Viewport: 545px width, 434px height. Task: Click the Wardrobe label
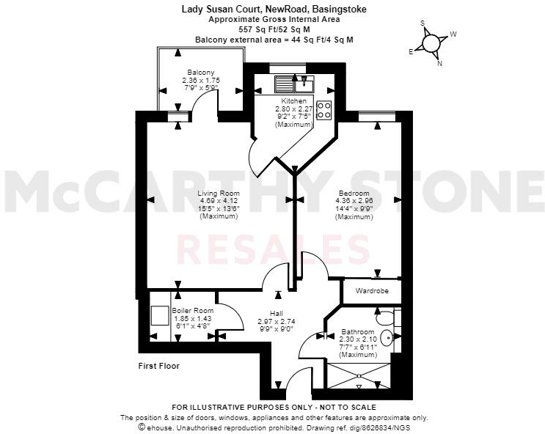[372, 291]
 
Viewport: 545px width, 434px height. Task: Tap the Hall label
[276, 314]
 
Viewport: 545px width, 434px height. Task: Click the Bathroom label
[358, 332]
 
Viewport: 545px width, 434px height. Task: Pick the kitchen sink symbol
[301, 83]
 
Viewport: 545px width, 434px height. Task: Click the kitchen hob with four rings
[323, 109]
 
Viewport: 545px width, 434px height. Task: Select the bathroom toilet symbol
[383, 318]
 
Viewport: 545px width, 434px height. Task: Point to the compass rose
[433, 43]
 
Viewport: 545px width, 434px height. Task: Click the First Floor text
[159, 365]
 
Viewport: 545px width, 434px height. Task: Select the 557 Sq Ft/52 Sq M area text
[274, 29]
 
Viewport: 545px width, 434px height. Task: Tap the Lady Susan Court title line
[274, 10]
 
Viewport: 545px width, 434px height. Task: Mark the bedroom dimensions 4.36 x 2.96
[353, 201]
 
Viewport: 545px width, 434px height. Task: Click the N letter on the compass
[439, 63]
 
